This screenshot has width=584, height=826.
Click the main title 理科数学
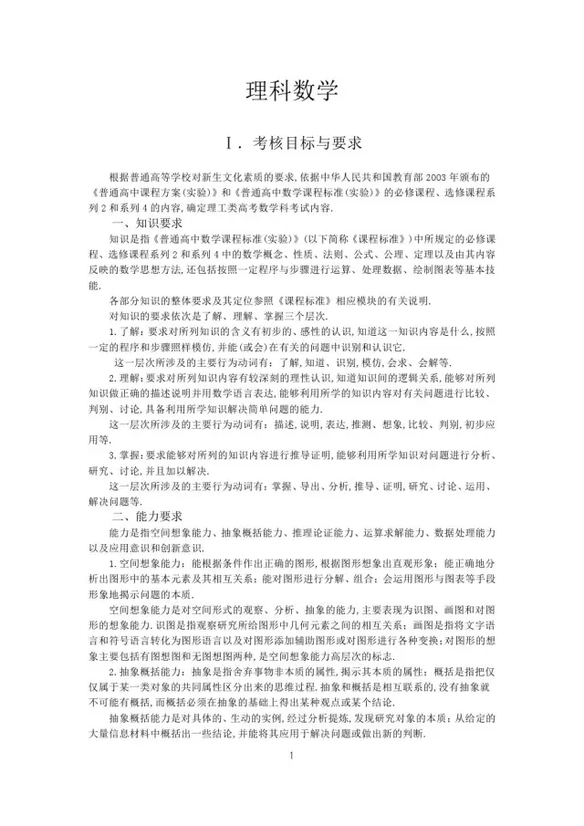click(x=292, y=90)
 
